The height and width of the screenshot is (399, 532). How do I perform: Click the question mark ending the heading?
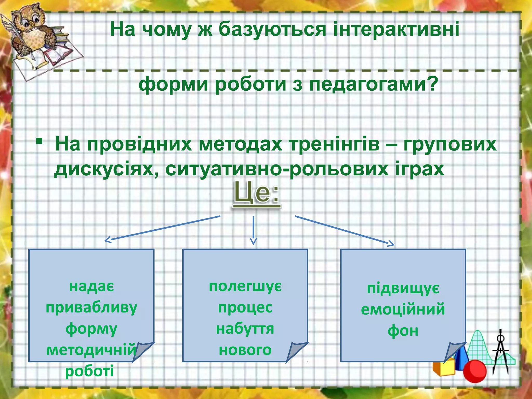coord(433,84)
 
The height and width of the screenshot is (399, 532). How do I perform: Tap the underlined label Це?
coord(256,194)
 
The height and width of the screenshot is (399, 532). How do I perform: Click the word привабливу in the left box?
coord(91,308)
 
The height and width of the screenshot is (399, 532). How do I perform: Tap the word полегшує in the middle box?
coord(245,286)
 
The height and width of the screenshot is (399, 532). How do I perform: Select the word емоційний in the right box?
coord(403,309)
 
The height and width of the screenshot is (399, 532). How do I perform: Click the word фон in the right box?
coord(403,331)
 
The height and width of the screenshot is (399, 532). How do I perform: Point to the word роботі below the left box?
coord(89,371)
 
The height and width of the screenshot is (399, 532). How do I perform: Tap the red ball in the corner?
coord(475,371)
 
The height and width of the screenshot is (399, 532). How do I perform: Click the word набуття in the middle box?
coord(245,329)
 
